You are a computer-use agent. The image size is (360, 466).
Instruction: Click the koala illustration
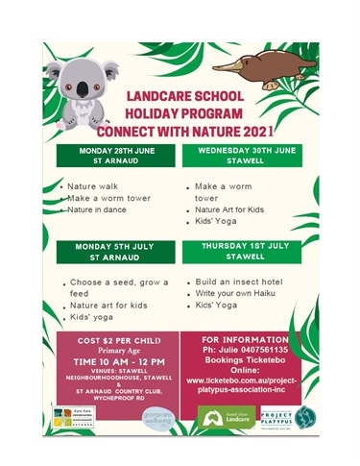pos(84,86)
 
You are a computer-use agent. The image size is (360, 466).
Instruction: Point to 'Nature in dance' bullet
pos(101,208)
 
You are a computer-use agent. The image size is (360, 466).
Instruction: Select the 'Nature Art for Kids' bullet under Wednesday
pos(231,208)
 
